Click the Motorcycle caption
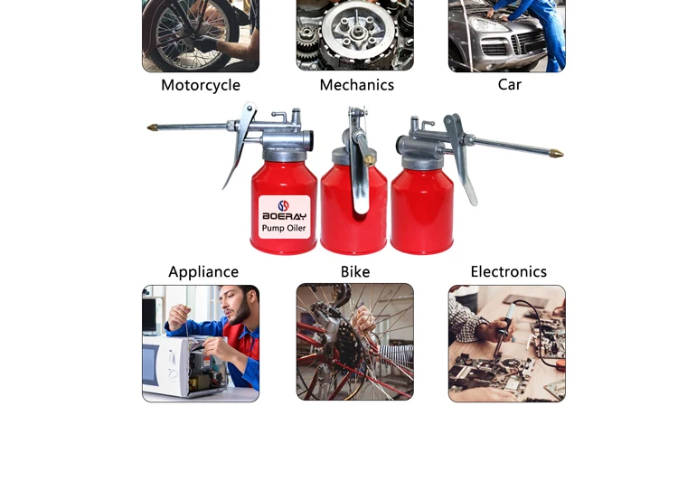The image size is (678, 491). (201, 85)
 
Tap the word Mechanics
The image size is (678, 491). (357, 85)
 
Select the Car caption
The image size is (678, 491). (509, 84)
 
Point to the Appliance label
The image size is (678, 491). (203, 272)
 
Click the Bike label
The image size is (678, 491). (355, 271)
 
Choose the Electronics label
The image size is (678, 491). (508, 271)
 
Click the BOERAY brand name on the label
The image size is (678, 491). (284, 216)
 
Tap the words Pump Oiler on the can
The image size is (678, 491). (284, 228)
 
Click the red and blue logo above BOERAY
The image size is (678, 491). (283, 205)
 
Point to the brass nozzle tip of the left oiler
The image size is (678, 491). (152, 127)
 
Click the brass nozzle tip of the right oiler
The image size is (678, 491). (557, 153)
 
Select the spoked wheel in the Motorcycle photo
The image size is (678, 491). (193, 33)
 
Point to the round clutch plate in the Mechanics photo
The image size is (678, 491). (358, 31)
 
